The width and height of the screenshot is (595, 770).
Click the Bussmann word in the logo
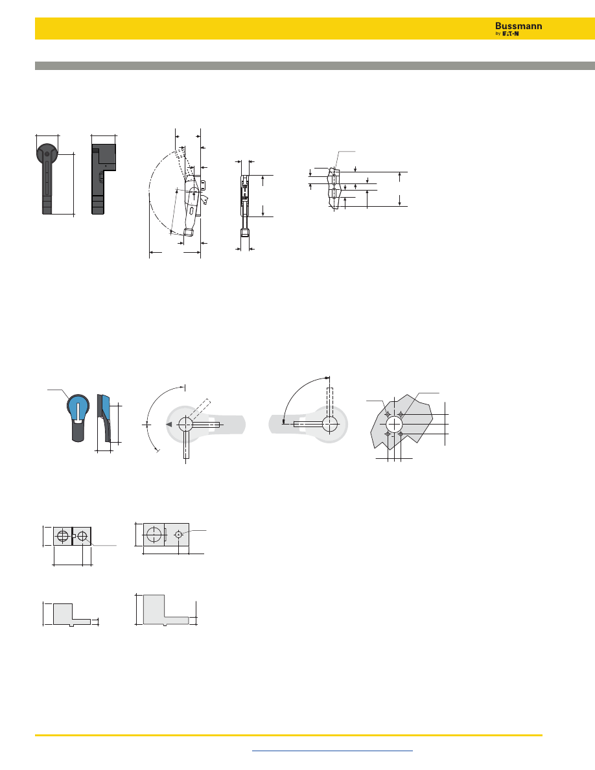tap(519, 26)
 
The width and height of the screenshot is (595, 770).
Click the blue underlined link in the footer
tap(332, 751)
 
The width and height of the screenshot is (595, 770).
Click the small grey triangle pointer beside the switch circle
tap(169, 425)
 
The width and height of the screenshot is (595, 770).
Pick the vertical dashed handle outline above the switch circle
tap(330, 402)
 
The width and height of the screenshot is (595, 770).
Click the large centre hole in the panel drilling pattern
tap(393, 425)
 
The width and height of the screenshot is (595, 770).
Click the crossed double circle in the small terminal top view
tap(62, 536)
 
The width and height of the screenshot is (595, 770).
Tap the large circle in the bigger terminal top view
tap(154, 535)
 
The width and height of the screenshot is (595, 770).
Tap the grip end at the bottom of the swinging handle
tap(189, 233)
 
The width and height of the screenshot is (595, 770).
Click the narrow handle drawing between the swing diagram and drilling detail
tap(245, 201)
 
